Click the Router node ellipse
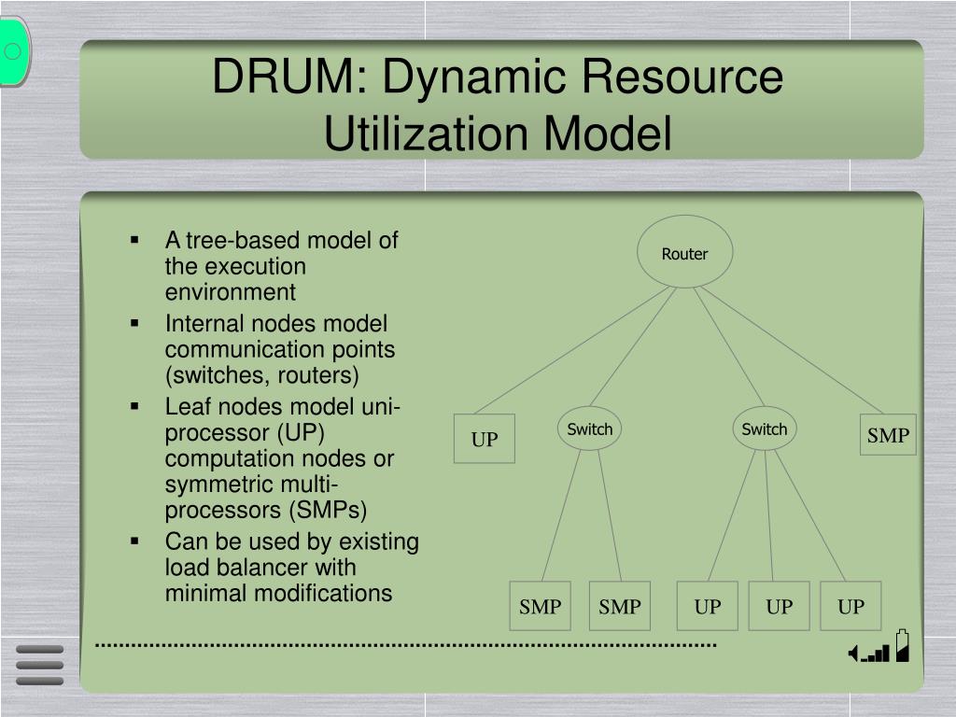[x=685, y=252]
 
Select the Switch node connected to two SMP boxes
[x=590, y=429]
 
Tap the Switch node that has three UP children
[x=765, y=429]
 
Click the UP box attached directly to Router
[x=485, y=439]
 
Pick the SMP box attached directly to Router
[x=888, y=435]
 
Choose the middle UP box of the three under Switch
[x=779, y=607]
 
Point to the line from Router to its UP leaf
[x=574, y=350]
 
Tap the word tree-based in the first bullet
[x=244, y=241]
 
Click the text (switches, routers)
[x=262, y=375]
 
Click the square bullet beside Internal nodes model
[x=136, y=323]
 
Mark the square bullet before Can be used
[x=136, y=541]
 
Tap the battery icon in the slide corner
[x=902, y=646]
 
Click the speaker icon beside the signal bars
[x=853, y=654]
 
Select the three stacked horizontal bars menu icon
[x=40, y=665]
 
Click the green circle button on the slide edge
[x=13, y=51]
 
